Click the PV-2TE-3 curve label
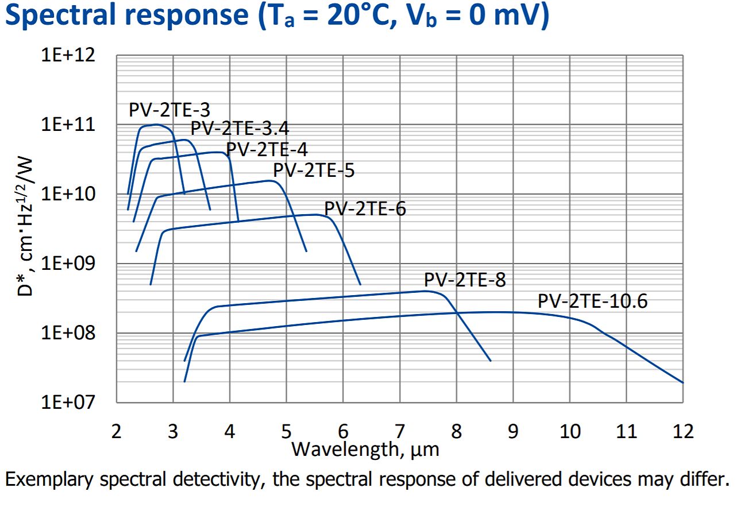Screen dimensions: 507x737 (x=169, y=110)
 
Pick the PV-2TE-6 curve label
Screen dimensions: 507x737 (x=365, y=208)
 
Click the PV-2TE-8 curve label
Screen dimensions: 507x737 (x=465, y=280)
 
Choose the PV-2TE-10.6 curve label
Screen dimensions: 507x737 (x=592, y=301)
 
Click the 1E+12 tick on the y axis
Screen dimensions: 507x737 (x=67, y=56)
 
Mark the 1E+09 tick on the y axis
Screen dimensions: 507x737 (x=67, y=264)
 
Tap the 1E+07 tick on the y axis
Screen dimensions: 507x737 (x=67, y=402)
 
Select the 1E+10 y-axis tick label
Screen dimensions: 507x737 (x=67, y=194)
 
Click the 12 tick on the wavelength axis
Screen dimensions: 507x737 (x=682, y=430)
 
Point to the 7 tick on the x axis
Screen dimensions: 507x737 (x=400, y=430)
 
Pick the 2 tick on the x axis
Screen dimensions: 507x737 (x=117, y=430)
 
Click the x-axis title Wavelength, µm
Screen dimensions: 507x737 (x=365, y=448)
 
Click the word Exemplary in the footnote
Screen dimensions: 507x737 (x=48, y=479)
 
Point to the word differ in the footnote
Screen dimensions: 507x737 (x=705, y=479)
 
